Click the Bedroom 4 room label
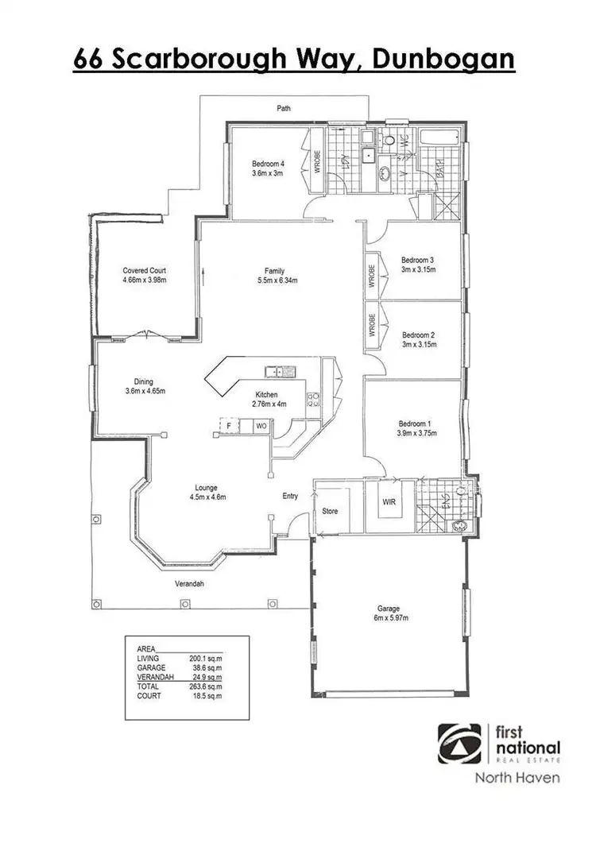point(269,164)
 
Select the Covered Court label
point(144,270)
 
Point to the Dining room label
point(144,381)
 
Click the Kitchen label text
point(265,395)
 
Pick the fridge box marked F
point(229,427)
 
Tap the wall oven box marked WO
point(261,427)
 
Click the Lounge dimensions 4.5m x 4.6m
point(207,497)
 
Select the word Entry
point(291,497)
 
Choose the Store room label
point(329,511)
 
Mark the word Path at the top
point(283,107)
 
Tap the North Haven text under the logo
point(517,778)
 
